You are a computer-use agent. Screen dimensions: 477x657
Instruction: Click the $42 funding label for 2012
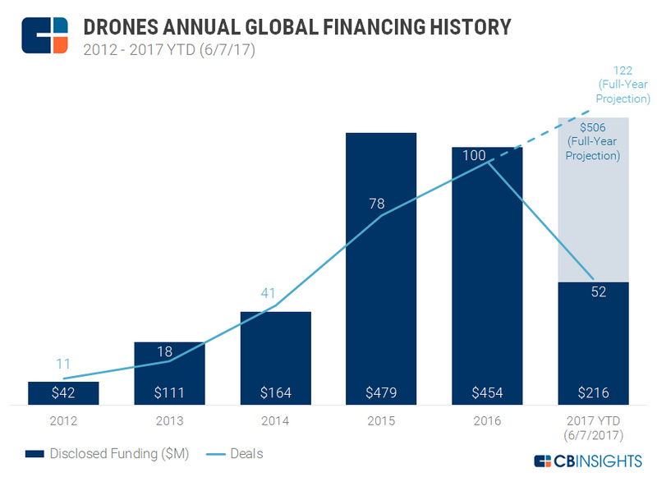(63, 393)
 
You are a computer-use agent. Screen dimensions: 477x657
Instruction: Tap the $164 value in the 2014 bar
(276, 393)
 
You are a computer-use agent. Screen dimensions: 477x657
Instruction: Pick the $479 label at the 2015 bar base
(381, 393)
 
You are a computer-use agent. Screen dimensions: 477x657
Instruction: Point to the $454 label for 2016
(487, 393)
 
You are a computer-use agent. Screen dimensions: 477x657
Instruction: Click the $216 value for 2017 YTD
(593, 393)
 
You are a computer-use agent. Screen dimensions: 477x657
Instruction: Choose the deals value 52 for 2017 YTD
(598, 291)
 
